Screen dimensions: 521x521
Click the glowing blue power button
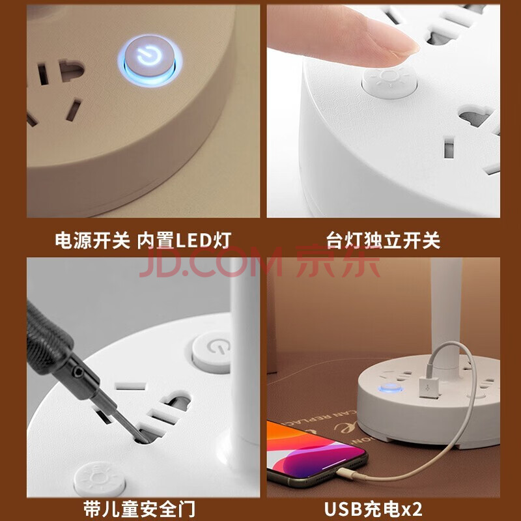click(150, 60)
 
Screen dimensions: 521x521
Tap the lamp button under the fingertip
click(389, 82)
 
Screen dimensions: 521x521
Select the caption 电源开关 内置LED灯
click(143, 240)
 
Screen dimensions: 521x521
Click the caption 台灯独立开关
click(383, 240)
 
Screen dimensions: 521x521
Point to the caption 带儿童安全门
click(139, 509)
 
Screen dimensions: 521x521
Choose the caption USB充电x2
click(373, 509)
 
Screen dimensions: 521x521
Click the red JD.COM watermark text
click(210, 262)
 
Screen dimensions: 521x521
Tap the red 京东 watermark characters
click(338, 262)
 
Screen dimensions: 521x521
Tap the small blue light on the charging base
click(391, 387)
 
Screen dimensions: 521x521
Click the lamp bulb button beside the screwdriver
click(100, 479)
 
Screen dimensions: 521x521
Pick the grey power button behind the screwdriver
click(212, 352)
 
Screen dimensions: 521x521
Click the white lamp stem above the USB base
click(446, 313)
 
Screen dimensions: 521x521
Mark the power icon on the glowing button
click(149, 57)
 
